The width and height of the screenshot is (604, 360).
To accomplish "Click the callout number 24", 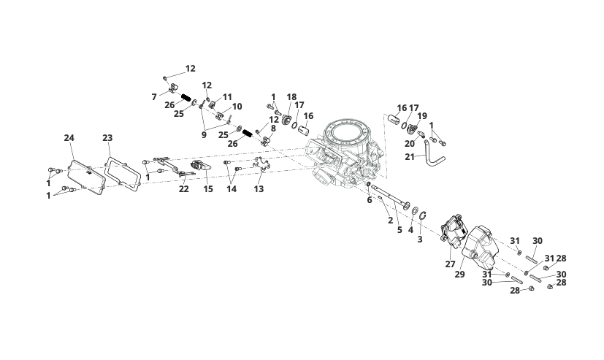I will pos(69,137).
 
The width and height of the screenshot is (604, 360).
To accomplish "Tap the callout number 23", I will pos(107,137).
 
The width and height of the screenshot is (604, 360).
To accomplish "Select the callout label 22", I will pos(184,189).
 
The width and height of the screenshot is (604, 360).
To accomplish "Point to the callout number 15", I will pos(208,189).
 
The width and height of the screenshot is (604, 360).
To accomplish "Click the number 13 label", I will pos(259,189).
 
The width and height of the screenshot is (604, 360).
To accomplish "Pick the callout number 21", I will pos(410,157).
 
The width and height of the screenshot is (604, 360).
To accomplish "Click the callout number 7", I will pos(154,96).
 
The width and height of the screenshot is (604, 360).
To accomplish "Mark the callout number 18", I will pos(291,97).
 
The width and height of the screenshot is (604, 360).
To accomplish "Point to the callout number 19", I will pos(422,116).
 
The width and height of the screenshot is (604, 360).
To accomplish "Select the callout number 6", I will pos(370,200).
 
